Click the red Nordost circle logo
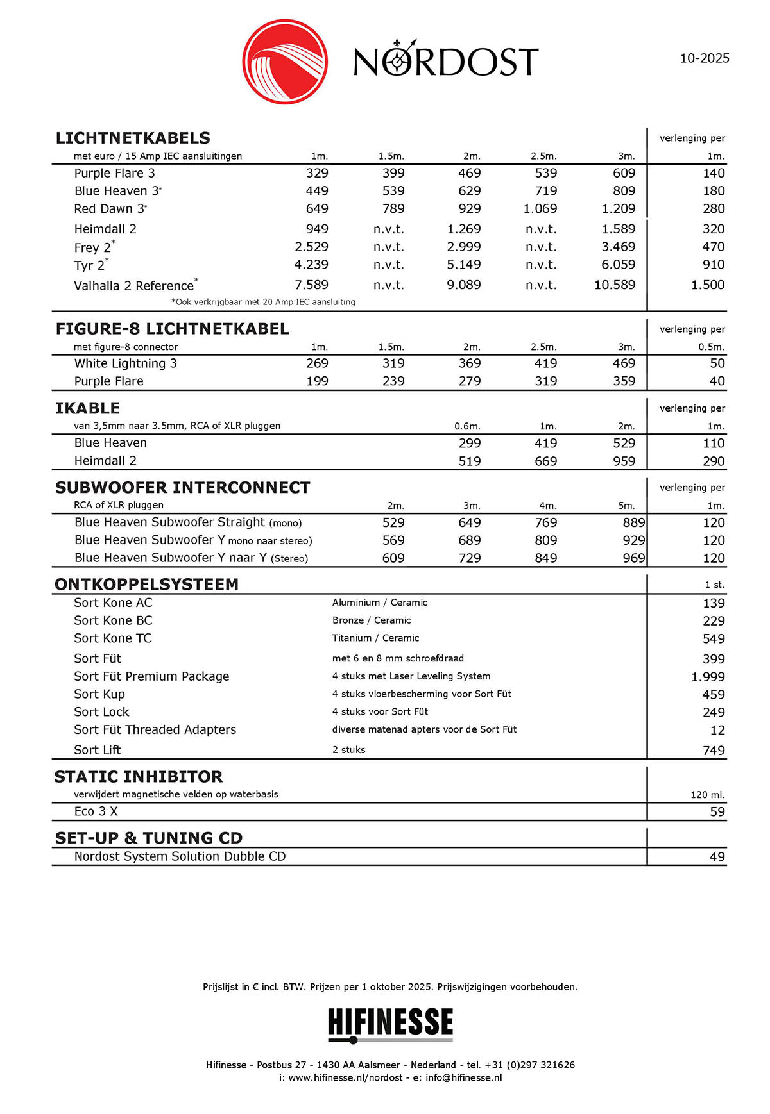pyautogui.click(x=285, y=62)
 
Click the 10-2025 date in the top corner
pyautogui.click(x=704, y=58)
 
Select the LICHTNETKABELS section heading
pyautogui.click(x=133, y=138)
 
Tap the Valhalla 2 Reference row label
pyautogui.click(x=133, y=285)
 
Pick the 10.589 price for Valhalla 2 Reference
pyautogui.click(x=614, y=285)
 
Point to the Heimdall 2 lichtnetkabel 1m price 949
pyautogui.click(x=317, y=229)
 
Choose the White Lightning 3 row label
pyautogui.click(x=125, y=363)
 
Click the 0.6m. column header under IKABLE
pyautogui.click(x=467, y=426)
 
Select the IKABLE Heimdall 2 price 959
pyautogui.click(x=623, y=461)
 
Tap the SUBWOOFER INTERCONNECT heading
pyautogui.click(x=182, y=488)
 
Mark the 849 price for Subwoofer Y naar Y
pyautogui.click(x=545, y=558)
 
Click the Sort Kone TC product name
pyautogui.click(x=113, y=638)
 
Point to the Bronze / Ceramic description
pyautogui.click(x=372, y=620)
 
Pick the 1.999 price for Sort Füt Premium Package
pyautogui.click(x=708, y=677)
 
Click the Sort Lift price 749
pyautogui.click(x=714, y=751)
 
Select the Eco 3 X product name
pyautogui.click(x=96, y=811)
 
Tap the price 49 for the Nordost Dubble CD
pyautogui.click(x=717, y=857)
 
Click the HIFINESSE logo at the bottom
pyautogui.click(x=390, y=1023)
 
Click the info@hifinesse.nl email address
pyautogui.click(x=463, y=1077)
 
